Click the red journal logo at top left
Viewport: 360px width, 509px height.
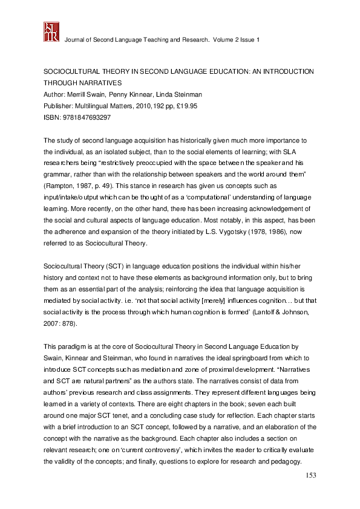51,31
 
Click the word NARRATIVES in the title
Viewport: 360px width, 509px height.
97,83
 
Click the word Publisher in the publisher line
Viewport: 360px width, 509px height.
58,106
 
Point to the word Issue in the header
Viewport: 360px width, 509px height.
245,39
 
